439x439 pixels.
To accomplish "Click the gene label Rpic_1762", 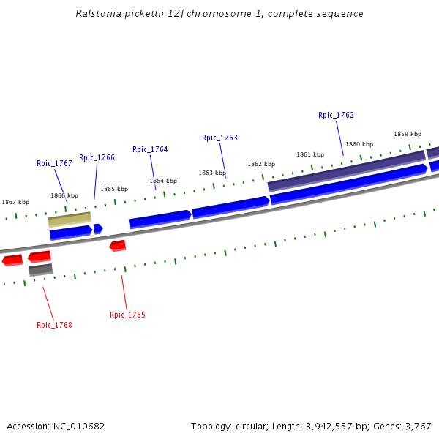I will pyautogui.click(x=336, y=116).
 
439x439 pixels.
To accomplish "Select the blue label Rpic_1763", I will pyautogui.click(x=219, y=138).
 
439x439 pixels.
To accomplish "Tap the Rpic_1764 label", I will pyautogui.click(x=150, y=150).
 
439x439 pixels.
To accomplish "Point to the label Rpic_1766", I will pyautogui.click(x=97, y=158).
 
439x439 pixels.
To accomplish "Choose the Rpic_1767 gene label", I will pyautogui.click(x=54, y=164).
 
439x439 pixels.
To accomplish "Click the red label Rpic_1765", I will pyautogui.click(x=127, y=315).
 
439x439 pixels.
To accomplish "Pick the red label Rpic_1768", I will pyautogui.click(x=54, y=326).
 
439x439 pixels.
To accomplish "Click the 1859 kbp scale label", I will pyautogui.click(x=408, y=135).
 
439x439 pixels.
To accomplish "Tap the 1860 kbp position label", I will pyautogui.click(x=359, y=145).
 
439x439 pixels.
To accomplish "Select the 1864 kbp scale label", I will pyautogui.click(x=163, y=181).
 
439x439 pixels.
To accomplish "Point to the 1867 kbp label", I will pyautogui.click(x=15, y=203).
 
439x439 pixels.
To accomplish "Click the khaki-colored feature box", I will pyautogui.click(x=70, y=219).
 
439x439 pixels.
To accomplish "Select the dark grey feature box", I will pyautogui.click(x=41, y=270).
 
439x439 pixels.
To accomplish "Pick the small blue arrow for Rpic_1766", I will pyautogui.click(x=98, y=229).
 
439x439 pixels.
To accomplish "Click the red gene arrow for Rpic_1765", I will pyautogui.click(x=118, y=245).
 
